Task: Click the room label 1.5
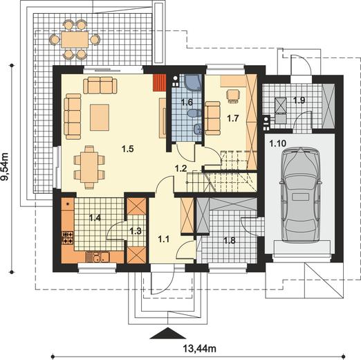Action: pyautogui.click(x=128, y=149)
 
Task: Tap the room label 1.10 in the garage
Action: pyautogui.click(x=278, y=143)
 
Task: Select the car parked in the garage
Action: pyautogui.click(x=300, y=195)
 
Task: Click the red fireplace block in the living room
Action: pyautogui.click(x=160, y=82)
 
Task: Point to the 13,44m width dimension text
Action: pyautogui.click(x=200, y=348)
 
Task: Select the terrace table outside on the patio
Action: pyautogui.click(x=75, y=39)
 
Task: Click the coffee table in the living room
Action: pyautogui.click(x=100, y=118)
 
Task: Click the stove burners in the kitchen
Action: pyautogui.click(x=68, y=238)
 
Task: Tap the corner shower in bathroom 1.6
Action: pyautogui.click(x=193, y=82)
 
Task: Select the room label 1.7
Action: pyautogui.click(x=232, y=118)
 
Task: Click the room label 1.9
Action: pyautogui.click(x=299, y=100)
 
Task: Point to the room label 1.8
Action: pyautogui.click(x=230, y=240)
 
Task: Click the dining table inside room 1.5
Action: pyautogui.click(x=89, y=167)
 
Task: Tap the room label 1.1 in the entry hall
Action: pyautogui.click(x=164, y=239)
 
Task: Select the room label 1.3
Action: pyautogui.click(x=136, y=231)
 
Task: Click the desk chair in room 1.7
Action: pyautogui.click(x=233, y=95)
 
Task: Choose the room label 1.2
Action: pyautogui.click(x=180, y=168)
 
